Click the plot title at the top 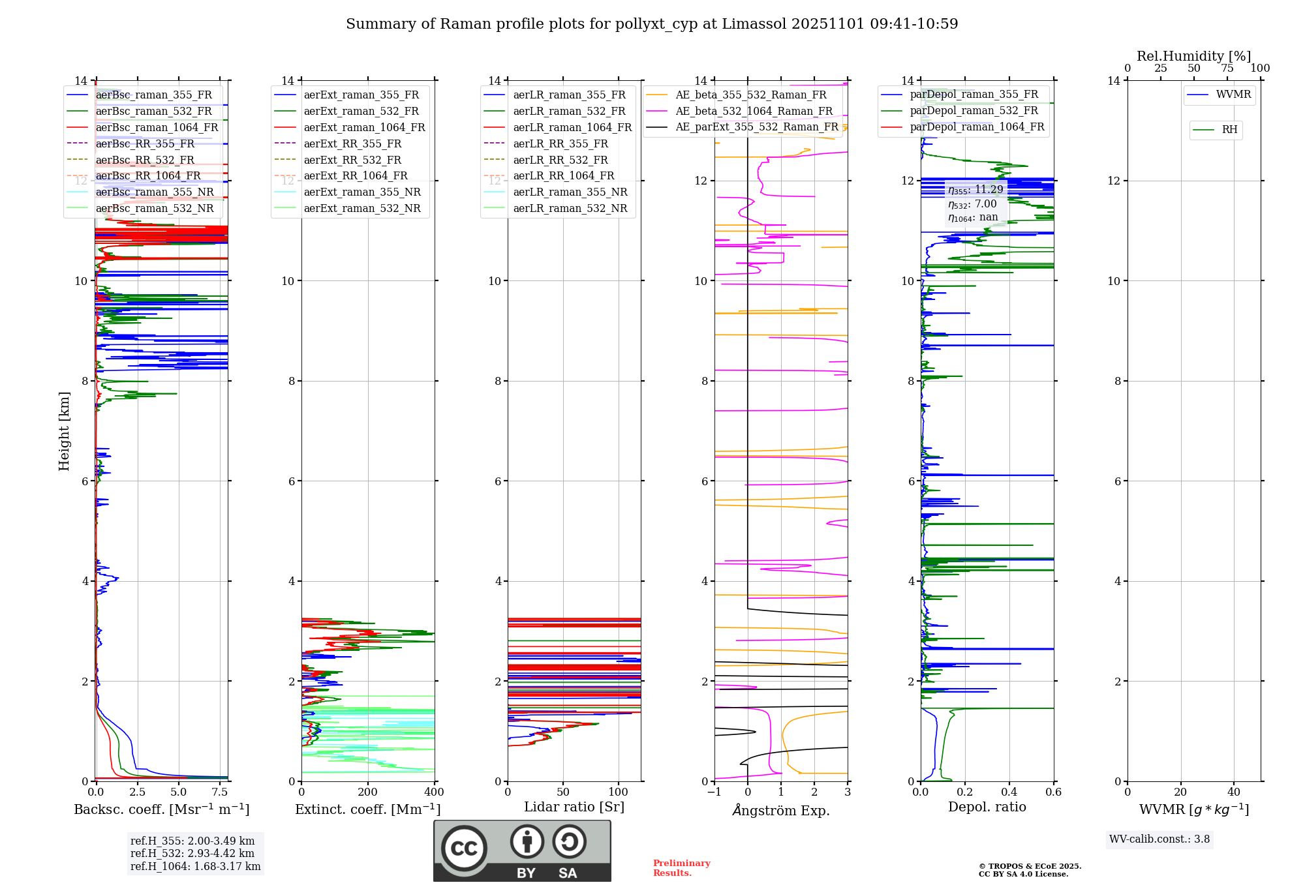click(x=652, y=24)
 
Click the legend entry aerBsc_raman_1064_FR click(x=157, y=127)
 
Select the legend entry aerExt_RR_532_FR click(x=352, y=160)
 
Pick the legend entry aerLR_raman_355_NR click(x=570, y=192)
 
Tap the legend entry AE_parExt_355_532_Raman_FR click(x=756, y=127)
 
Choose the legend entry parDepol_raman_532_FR click(x=974, y=110)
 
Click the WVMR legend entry click(x=1233, y=95)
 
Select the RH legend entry click(x=1229, y=130)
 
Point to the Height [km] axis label click(x=64, y=430)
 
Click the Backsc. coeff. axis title click(x=161, y=809)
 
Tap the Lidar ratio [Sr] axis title click(x=574, y=807)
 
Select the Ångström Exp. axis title click(x=781, y=810)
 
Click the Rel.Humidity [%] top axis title click(x=1193, y=56)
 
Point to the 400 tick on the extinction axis click(x=434, y=792)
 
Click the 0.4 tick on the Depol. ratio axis click(x=1009, y=792)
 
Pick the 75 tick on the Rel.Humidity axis click(x=1227, y=68)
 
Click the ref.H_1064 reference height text click(x=195, y=866)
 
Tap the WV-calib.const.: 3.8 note click(x=1159, y=839)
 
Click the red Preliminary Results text click(x=681, y=868)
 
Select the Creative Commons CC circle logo click(x=464, y=849)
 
